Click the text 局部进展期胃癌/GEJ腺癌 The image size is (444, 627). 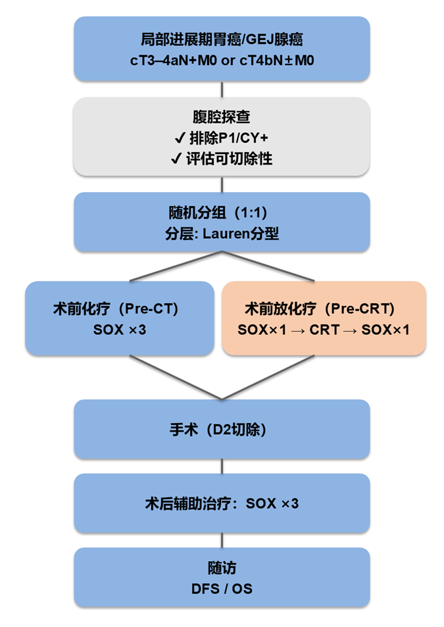[222, 39]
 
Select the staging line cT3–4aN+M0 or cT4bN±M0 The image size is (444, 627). [222, 61]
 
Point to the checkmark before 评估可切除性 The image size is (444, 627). [175, 159]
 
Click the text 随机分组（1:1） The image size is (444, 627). [222, 213]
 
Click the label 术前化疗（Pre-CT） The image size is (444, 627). [119, 308]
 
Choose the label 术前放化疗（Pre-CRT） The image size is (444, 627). [323, 308]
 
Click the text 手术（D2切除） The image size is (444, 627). [222, 430]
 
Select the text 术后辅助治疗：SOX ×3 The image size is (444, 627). [222, 504]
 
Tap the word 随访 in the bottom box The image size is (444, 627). [222, 568]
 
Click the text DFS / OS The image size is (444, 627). [222, 588]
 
